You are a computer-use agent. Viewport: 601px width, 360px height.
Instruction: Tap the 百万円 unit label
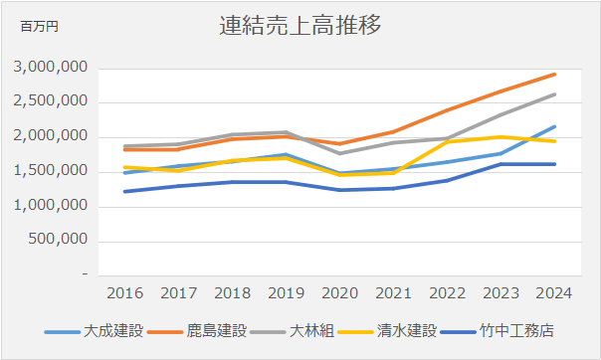point(40,27)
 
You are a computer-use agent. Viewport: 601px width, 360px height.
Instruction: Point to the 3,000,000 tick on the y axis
point(52,68)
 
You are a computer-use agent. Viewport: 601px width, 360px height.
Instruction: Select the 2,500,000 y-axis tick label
point(52,102)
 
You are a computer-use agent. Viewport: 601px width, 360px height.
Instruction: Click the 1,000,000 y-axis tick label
point(52,206)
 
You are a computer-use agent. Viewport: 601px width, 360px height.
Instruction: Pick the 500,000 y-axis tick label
point(60,241)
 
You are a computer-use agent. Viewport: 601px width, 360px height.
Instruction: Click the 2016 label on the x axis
point(124,293)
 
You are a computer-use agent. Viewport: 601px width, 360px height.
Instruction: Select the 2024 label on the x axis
point(554,293)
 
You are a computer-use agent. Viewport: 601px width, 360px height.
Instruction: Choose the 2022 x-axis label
point(446,293)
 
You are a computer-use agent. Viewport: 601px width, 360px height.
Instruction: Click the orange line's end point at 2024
point(555,74)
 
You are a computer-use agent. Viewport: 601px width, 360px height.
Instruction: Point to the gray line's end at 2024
point(555,93)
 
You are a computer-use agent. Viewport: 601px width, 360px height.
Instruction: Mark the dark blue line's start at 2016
point(124,191)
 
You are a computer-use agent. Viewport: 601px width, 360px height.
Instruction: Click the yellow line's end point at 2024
point(555,141)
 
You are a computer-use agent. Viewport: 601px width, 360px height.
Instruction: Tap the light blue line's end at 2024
point(555,126)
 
